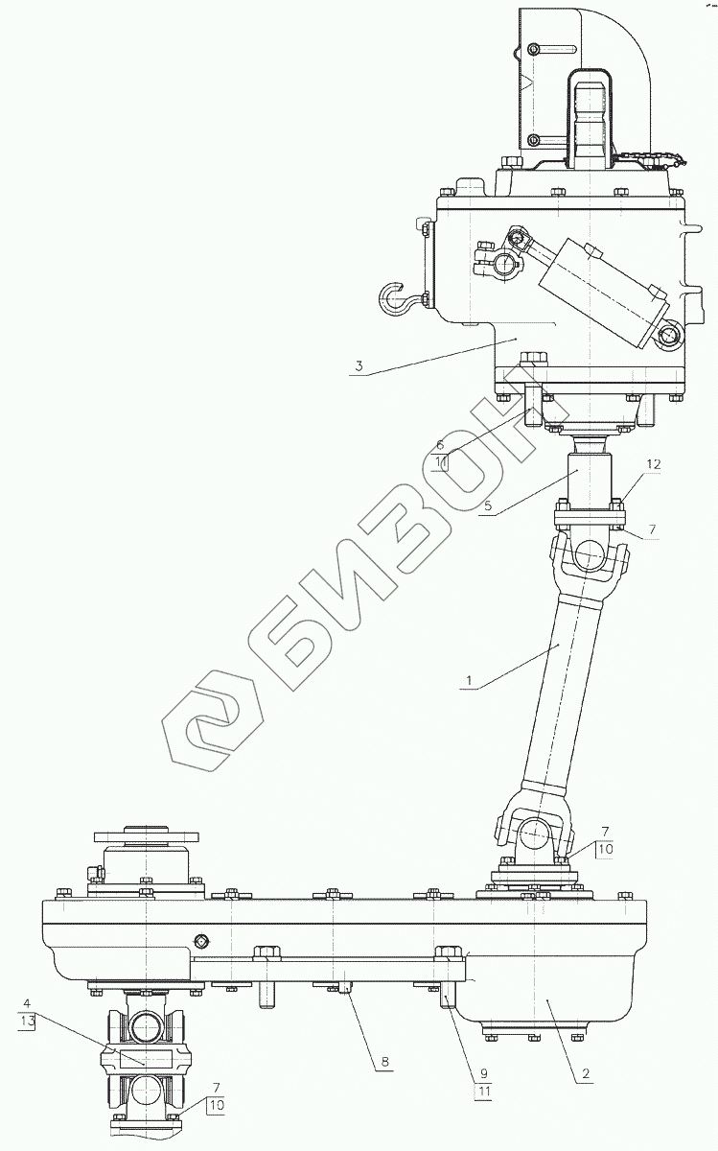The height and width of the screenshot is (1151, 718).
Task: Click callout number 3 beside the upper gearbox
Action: tap(359, 366)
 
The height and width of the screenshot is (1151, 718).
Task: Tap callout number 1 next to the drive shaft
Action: tap(469, 680)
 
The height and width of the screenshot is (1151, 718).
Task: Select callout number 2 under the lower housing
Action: tap(586, 1073)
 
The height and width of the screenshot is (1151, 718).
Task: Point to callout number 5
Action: tap(488, 505)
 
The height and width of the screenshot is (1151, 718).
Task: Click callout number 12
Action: tap(654, 464)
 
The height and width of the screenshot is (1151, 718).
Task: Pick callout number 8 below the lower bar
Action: tap(385, 1061)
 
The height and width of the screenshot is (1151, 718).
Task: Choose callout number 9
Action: tap(484, 1073)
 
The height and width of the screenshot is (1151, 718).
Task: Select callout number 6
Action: tap(440, 445)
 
